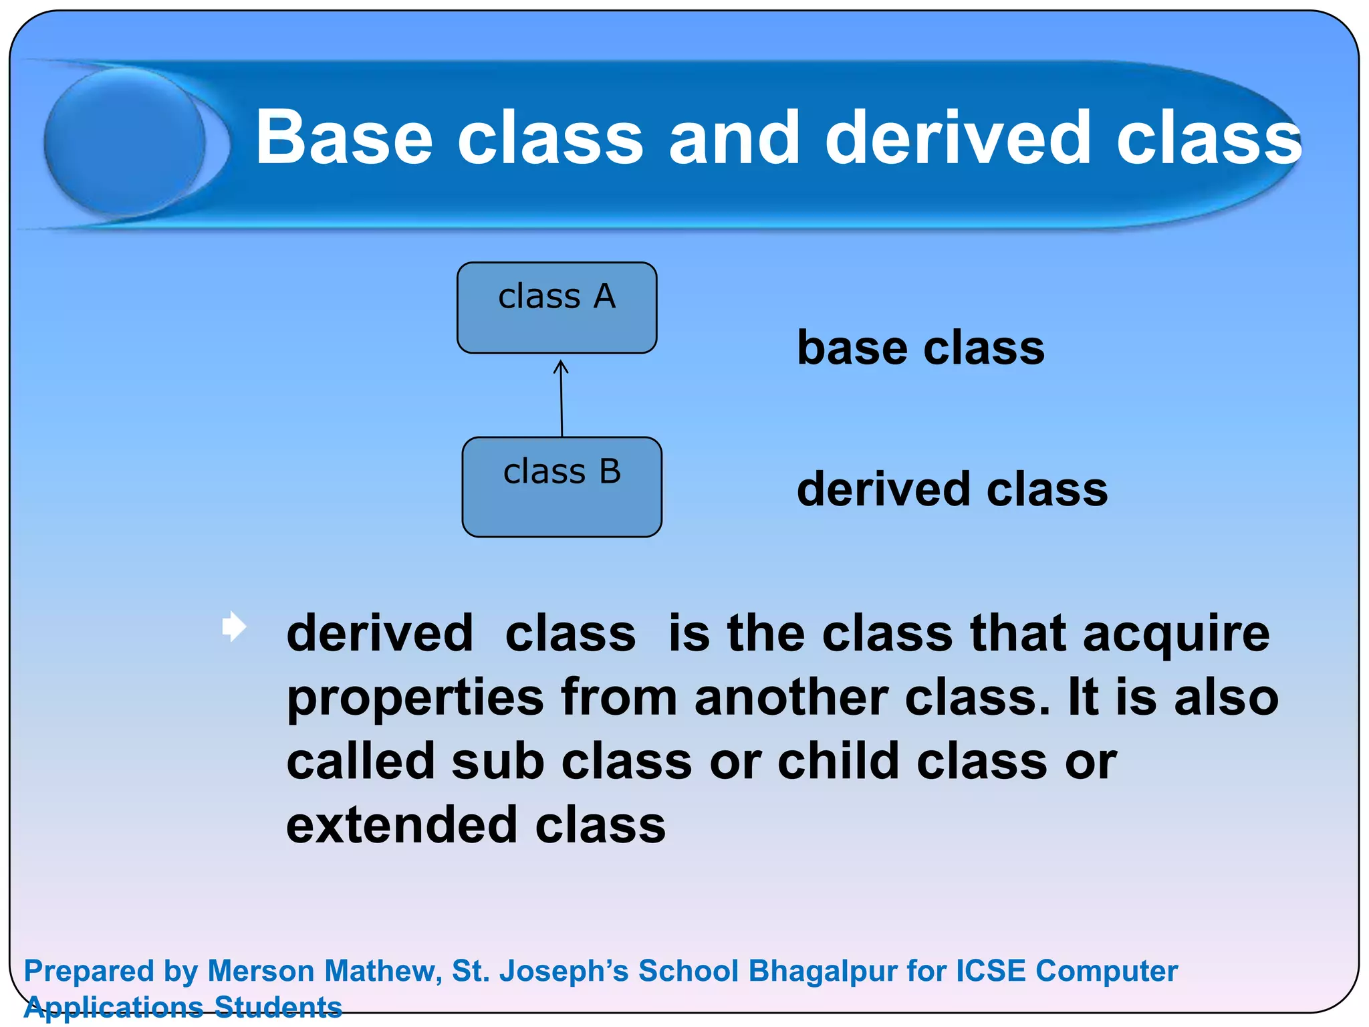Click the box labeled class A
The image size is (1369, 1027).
pos(557,308)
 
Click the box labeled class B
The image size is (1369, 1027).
pos(562,487)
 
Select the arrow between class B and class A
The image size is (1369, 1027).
pos(562,401)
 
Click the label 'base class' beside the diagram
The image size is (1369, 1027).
pos(920,348)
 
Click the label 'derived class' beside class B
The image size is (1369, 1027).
pos(952,489)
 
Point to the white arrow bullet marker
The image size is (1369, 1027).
pos(234,626)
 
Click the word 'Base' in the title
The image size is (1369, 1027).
pos(344,138)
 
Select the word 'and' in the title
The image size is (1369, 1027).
pos(734,138)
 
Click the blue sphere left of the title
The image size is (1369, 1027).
pos(125,142)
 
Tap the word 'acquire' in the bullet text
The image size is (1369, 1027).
pos(1176,634)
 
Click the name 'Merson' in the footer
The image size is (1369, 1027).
pos(261,971)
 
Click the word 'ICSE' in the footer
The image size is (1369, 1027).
pos(990,971)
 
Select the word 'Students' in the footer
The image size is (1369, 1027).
pos(278,1007)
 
